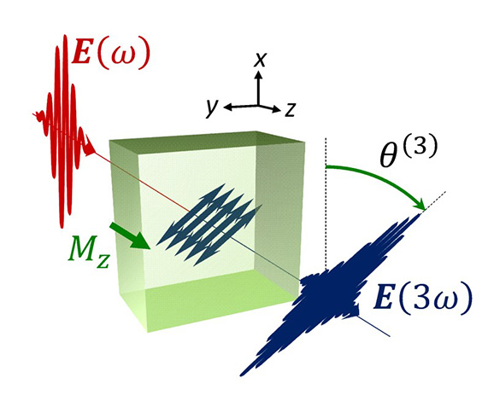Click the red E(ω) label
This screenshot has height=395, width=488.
111,54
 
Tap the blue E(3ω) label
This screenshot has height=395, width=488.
422,298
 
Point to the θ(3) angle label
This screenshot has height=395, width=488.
409,151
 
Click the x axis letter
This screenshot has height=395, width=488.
260,60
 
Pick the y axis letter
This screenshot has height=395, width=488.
211,108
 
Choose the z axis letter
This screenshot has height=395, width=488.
290,109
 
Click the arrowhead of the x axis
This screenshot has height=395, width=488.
258,74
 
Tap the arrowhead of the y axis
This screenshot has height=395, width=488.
227,107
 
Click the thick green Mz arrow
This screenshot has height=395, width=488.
131,236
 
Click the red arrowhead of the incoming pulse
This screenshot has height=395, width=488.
90,147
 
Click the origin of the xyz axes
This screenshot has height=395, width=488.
258,105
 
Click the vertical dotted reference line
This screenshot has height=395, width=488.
326,204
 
